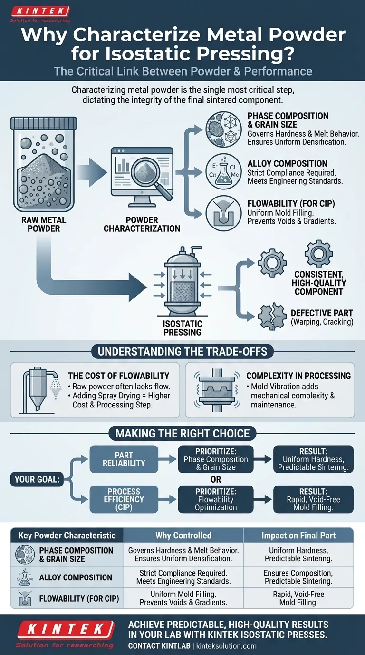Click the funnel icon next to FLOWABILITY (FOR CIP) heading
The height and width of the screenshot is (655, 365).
coord(223,211)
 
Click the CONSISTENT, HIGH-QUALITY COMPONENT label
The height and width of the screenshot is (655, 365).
coord(319,283)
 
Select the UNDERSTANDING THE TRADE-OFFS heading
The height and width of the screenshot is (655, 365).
coord(182,352)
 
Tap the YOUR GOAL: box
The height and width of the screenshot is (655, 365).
coord(37,479)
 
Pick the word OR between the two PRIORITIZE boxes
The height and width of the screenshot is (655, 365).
coord(215,479)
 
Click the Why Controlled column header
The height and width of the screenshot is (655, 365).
coord(183,535)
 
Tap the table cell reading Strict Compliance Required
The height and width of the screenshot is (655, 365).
coord(183,573)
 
